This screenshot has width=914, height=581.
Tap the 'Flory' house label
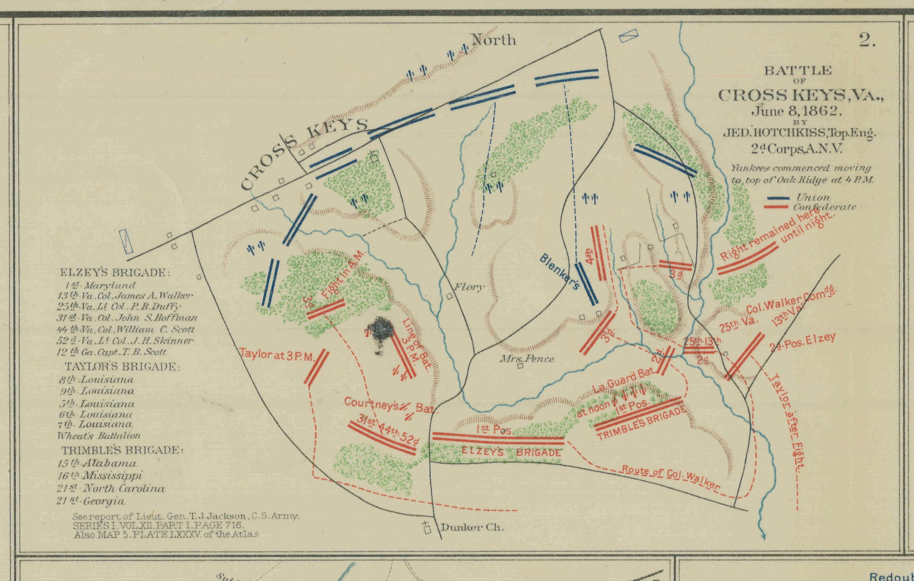point(470,287)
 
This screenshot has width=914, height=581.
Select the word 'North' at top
point(494,40)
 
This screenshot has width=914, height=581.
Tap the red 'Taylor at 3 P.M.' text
point(276,356)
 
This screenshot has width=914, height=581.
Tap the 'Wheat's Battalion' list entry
point(99,436)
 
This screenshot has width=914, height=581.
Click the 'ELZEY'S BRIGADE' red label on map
point(511,453)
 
